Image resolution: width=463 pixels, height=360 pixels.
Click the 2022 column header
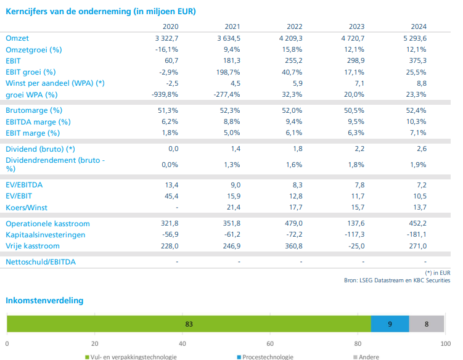[294, 27]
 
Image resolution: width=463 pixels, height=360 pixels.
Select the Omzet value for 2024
[413, 38]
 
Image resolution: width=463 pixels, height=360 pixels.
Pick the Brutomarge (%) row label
[34, 110]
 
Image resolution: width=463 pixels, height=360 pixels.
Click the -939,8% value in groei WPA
[165, 94]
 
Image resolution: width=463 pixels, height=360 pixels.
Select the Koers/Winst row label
[27, 208]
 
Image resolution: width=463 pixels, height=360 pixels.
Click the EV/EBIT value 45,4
[171, 196]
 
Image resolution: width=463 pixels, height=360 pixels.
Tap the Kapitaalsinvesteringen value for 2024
[414, 235]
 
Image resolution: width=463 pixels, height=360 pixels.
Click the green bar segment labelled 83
[189, 324]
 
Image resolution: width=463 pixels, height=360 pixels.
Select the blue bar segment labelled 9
[390, 324]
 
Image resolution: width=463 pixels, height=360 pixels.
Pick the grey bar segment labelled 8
[427, 324]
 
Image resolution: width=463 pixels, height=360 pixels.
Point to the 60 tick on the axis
[269, 343]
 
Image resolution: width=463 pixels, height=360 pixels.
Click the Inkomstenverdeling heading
[44, 300]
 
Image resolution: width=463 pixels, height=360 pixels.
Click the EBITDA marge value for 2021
[232, 121]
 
